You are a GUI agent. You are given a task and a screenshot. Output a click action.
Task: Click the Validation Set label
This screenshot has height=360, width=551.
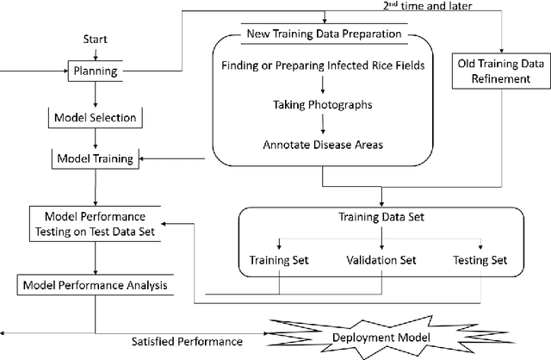pyautogui.click(x=380, y=259)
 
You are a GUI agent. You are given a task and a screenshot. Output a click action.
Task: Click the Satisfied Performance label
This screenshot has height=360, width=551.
pyautogui.click(x=187, y=341)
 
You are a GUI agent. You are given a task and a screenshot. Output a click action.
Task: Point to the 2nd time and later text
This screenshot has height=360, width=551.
pyautogui.click(x=424, y=6)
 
